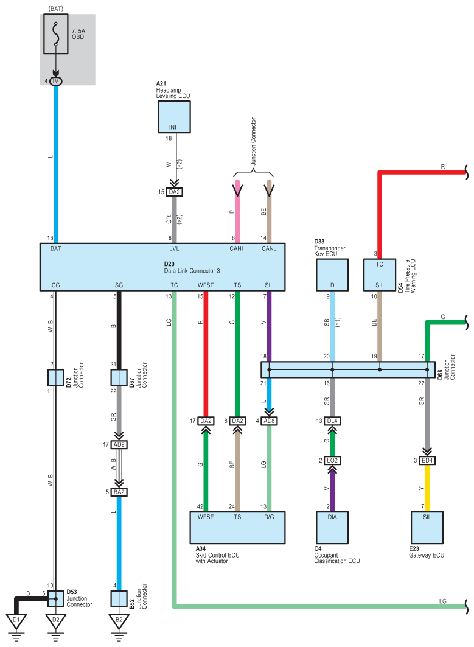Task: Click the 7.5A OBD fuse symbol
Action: (x=56, y=34)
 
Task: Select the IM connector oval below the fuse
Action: (x=56, y=82)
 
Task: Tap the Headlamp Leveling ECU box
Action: (x=174, y=117)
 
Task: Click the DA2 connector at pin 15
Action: (x=174, y=192)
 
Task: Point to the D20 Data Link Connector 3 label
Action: (x=192, y=267)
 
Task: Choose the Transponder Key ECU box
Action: (x=332, y=275)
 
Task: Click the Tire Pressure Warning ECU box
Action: (x=380, y=275)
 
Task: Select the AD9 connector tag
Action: (x=119, y=444)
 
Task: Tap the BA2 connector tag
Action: (x=119, y=492)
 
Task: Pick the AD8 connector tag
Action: (x=269, y=421)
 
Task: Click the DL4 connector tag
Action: (x=332, y=421)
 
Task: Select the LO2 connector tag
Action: (x=332, y=461)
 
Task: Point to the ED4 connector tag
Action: (x=427, y=461)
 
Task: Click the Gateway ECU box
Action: (x=427, y=528)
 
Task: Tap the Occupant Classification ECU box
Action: (x=332, y=528)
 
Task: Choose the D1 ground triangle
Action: (x=16, y=621)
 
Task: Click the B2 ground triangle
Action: (x=119, y=621)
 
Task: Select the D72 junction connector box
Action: (x=56, y=377)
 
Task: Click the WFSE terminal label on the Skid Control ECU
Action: (x=206, y=517)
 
